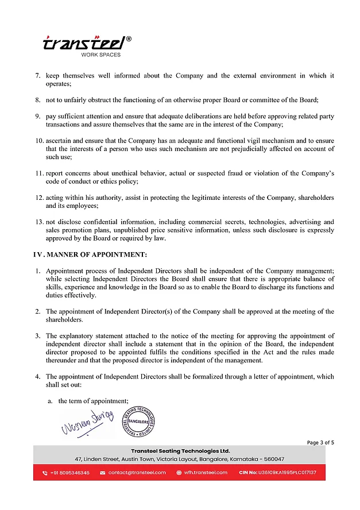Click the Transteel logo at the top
coord(86,42)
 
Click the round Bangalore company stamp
coord(142,420)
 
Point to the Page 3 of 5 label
coord(320,442)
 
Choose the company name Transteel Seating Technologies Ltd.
coord(180,451)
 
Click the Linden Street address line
coord(180,459)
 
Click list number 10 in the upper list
coord(39,141)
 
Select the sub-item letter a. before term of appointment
coord(51,400)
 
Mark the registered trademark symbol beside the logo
coord(128,38)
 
